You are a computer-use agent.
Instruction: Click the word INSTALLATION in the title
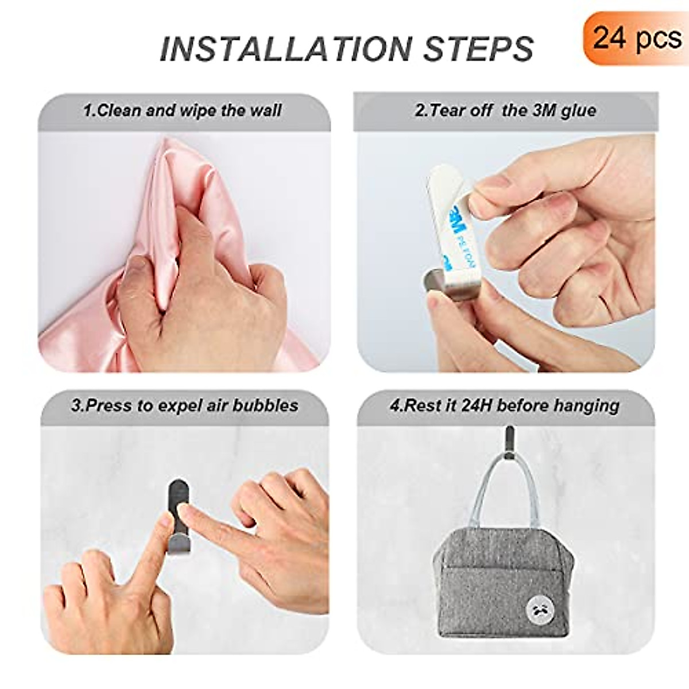[x=287, y=48]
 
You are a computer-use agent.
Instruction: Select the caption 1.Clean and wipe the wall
[x=183, y=110]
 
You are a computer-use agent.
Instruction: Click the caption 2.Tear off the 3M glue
[x=505, y=110]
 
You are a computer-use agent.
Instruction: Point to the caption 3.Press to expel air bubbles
[x=184, y=405]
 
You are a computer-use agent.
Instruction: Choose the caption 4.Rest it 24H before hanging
[x=505, y=405]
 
